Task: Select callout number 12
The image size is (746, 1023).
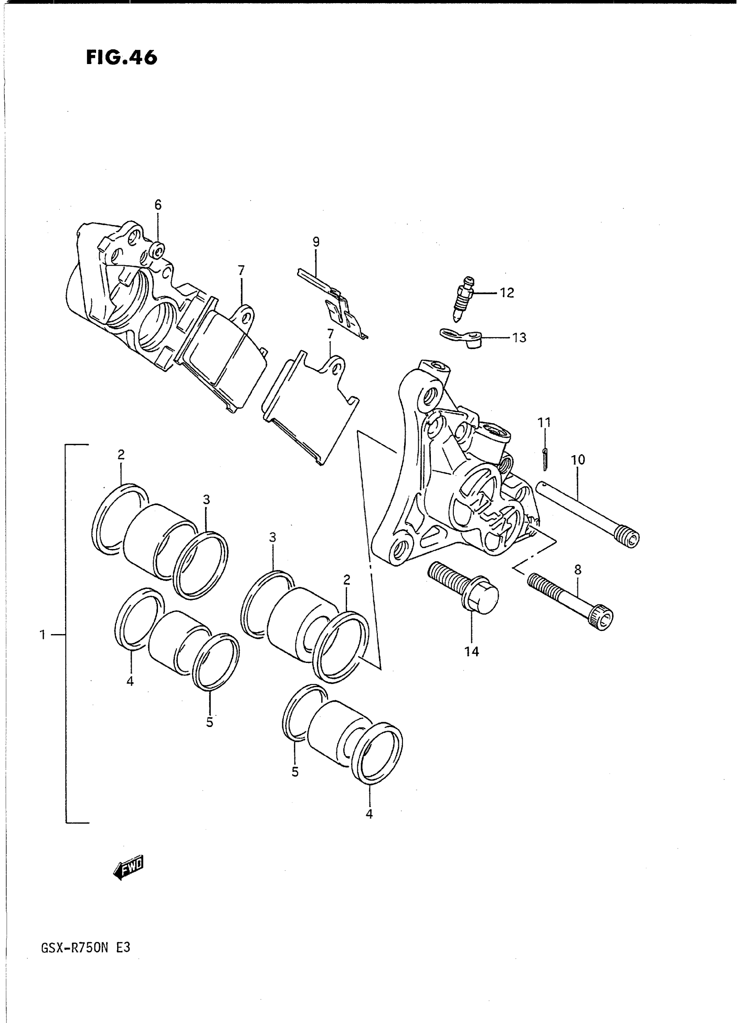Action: pos(507,293)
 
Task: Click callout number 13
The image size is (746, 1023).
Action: pos(519,338)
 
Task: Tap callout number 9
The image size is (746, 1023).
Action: pos(316,242)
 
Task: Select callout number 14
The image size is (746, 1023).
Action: pos(472,652)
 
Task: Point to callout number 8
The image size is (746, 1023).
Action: pos(577,570)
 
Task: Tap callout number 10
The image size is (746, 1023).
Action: pos(578,460)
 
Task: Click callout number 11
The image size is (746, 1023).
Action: pos(544,423)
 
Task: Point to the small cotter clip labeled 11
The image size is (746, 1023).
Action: pos(545,456)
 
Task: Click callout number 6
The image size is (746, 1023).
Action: pos(158,205)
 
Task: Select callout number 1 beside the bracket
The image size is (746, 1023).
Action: pos(43,635)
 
